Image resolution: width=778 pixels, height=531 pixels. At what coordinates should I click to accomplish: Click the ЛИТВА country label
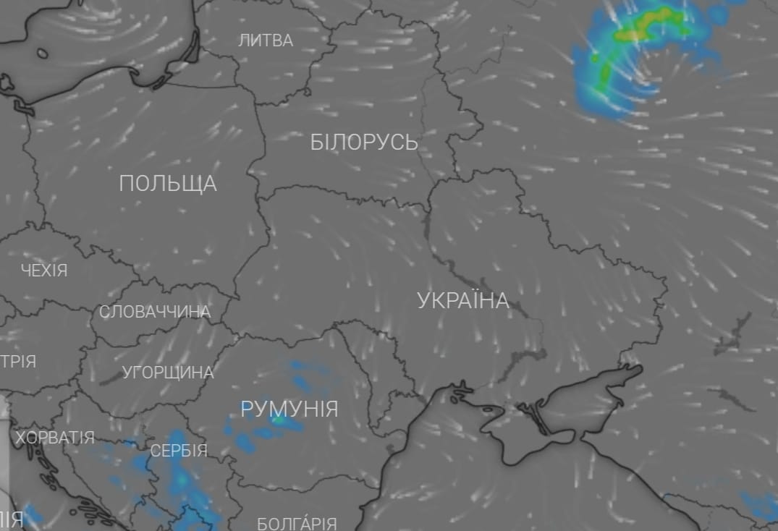point(266,41)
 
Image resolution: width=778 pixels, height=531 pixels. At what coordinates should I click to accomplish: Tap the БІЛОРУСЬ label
point(364,143)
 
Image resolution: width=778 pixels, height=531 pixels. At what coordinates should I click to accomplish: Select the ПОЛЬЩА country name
point(168,184)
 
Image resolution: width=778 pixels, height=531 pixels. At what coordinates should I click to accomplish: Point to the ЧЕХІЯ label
point(44,271)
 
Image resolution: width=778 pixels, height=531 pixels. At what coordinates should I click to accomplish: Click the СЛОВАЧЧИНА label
point(155,313)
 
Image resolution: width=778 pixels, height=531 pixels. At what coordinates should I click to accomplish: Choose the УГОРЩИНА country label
point(168,373)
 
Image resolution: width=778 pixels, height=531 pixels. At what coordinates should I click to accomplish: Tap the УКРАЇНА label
point(463,301)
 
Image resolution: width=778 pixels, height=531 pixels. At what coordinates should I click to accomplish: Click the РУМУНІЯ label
point(289,409)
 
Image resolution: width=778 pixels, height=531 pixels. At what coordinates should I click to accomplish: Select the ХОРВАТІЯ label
point(55,438)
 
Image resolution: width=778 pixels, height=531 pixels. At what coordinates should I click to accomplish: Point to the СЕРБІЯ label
point(179,451)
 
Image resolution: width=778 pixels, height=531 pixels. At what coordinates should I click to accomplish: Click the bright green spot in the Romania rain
point(279,419)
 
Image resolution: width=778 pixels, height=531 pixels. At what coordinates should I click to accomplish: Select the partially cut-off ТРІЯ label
point(18,362)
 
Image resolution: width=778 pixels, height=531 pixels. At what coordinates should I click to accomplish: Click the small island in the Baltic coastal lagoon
point(43,53)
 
